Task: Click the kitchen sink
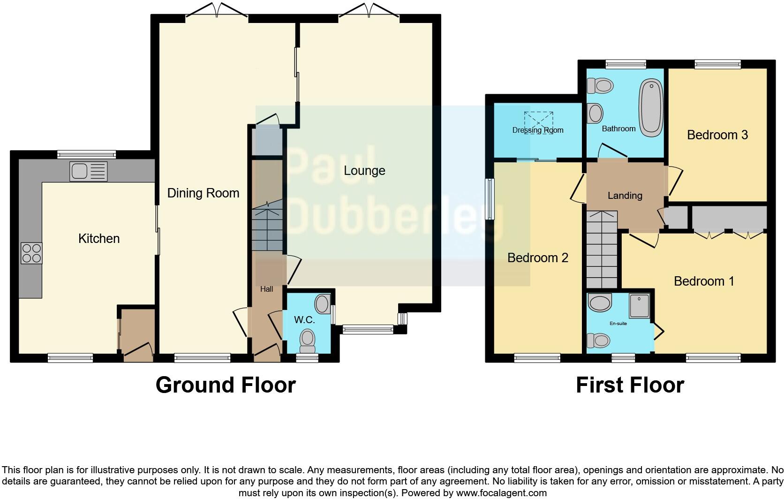tap(88, 171)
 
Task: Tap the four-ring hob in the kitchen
tap(31, 253)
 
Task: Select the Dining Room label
tap(203, 193)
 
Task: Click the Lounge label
tap(364, 171)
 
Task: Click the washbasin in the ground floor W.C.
tap(322, 304)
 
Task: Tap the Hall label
tap(266, 289)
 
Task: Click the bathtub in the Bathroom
tap(651, 108)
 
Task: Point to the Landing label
tap(625, 196)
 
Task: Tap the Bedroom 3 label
tap(717, 135)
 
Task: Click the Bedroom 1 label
tap(703, 281)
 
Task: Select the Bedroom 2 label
tap(537, 257)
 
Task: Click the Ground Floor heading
tap(226, 385)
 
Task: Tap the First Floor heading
tap(629, 385)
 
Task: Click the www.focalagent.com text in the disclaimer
tap(501, 493)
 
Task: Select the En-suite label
tap(618, 324)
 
